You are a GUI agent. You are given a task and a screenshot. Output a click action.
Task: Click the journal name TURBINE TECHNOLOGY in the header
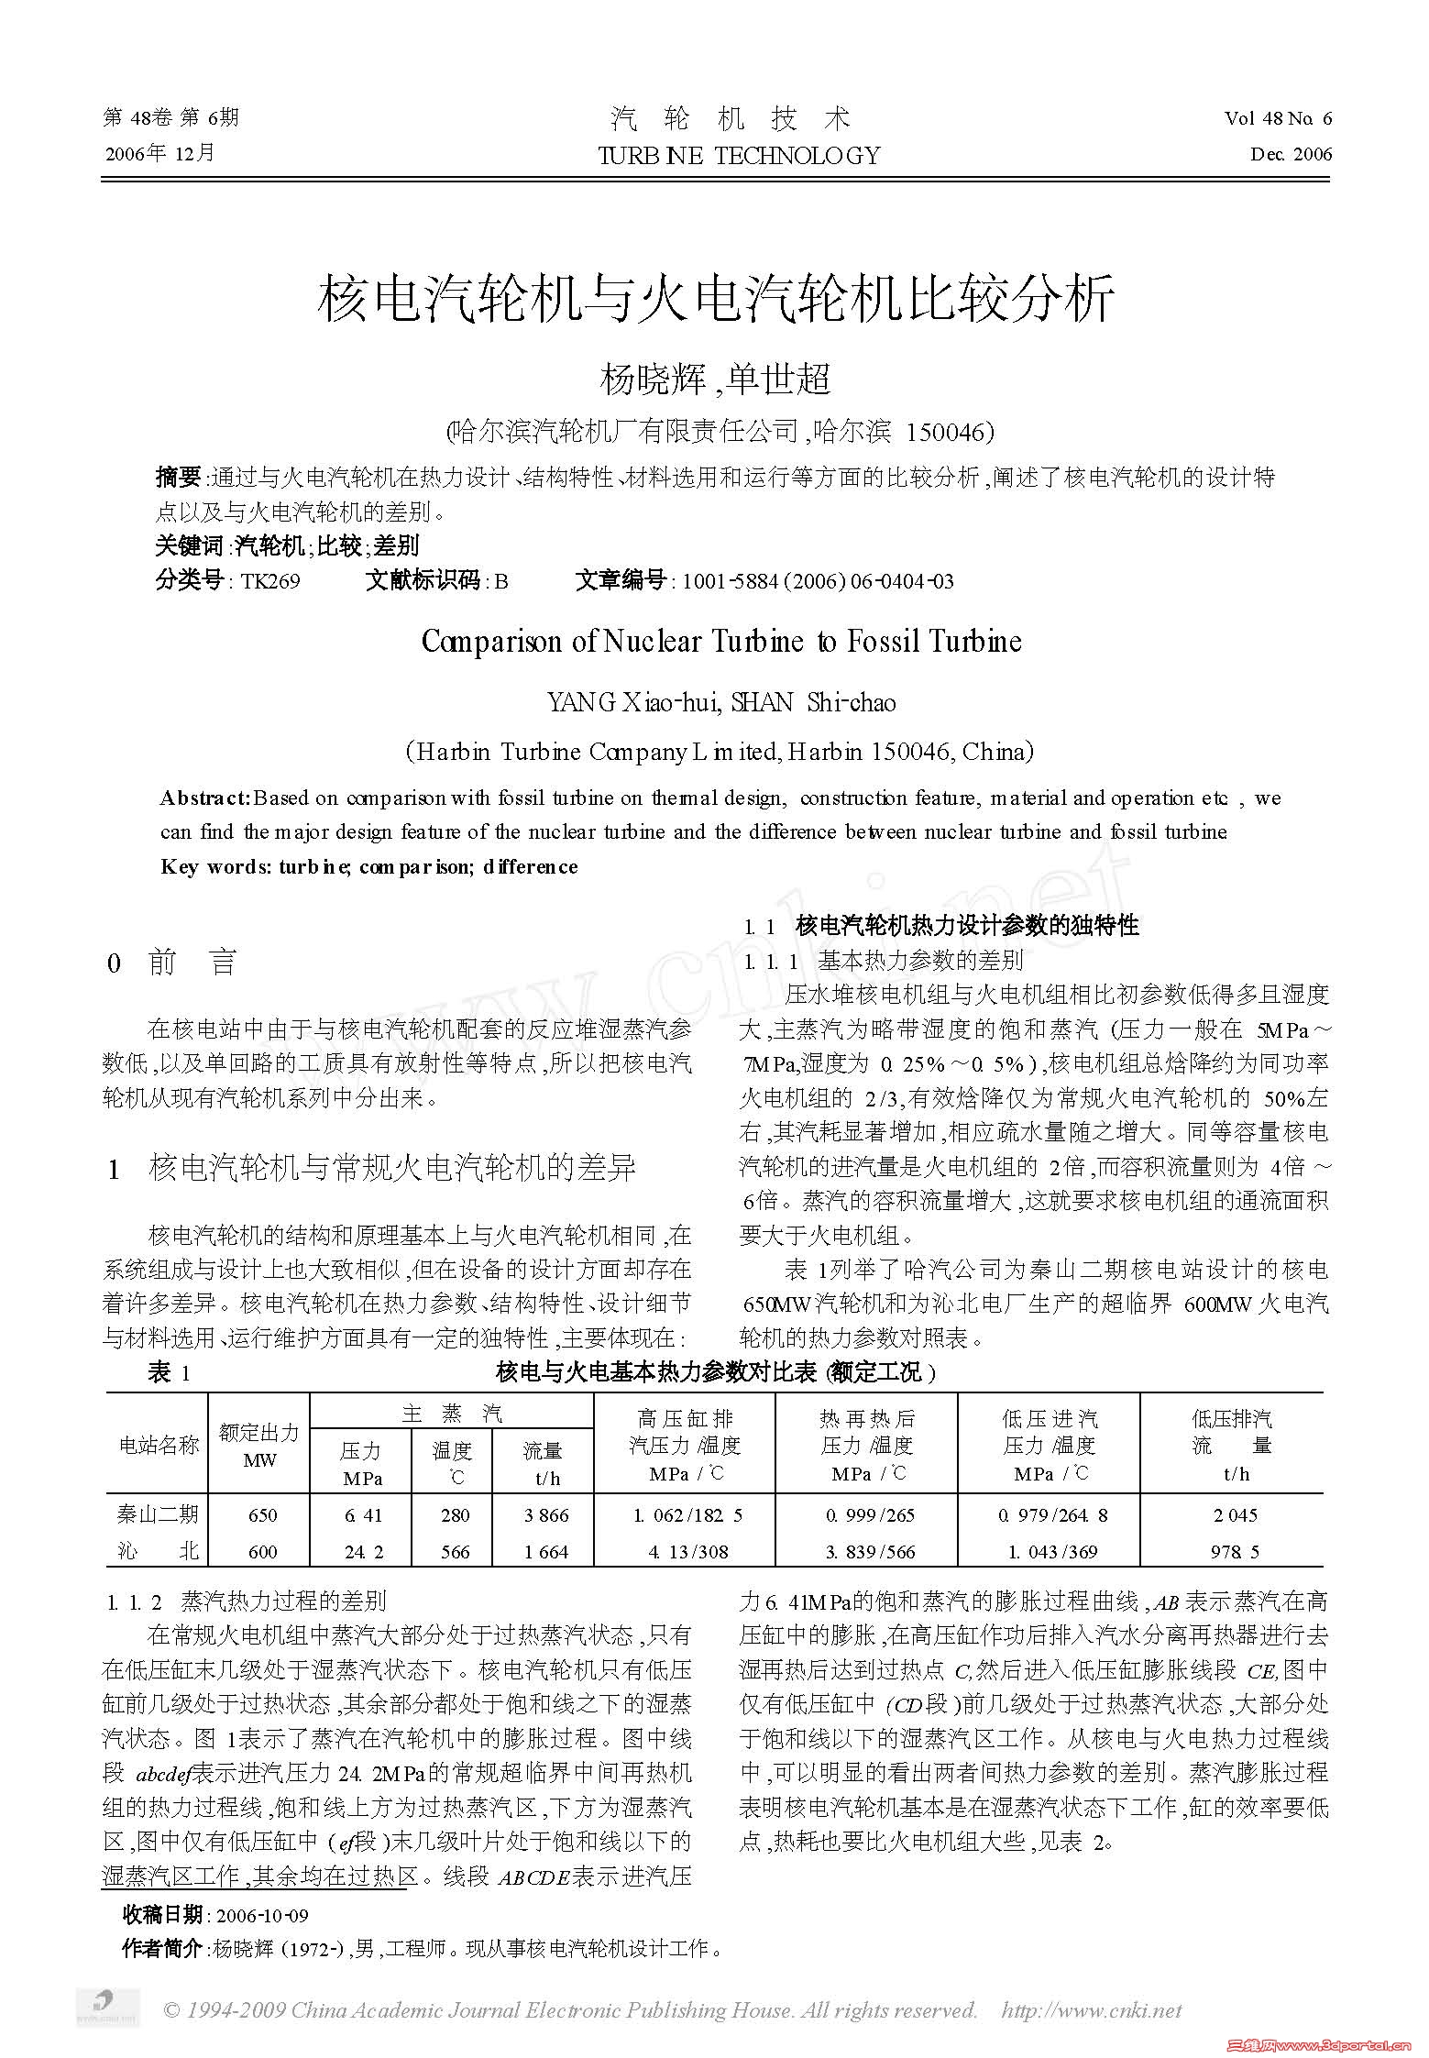click(738, 155)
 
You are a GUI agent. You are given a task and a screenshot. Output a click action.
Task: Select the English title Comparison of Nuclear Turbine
click(720, 641)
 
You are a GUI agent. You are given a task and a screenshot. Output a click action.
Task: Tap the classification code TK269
click(270, 581)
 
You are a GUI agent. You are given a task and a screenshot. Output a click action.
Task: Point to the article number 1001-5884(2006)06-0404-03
click(818, 581)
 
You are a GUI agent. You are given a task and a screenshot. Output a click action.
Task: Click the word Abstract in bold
click(205, 798)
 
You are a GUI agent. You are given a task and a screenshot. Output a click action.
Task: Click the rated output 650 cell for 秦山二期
click(262, 1515)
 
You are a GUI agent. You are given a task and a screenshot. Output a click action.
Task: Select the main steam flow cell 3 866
click(546, 1515)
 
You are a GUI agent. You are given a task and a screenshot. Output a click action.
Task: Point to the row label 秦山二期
click(158, 1514)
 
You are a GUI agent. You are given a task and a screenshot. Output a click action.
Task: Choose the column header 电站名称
click(159, 1446)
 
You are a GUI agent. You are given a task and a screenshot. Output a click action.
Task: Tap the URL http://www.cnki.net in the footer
click(1091, 2010)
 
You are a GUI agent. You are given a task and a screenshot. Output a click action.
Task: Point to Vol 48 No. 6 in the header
click(1278, 118)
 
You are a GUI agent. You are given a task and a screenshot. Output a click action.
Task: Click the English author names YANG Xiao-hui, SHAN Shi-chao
click(721, 702)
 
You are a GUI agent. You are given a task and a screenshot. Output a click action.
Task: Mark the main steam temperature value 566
click(455, 1551)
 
